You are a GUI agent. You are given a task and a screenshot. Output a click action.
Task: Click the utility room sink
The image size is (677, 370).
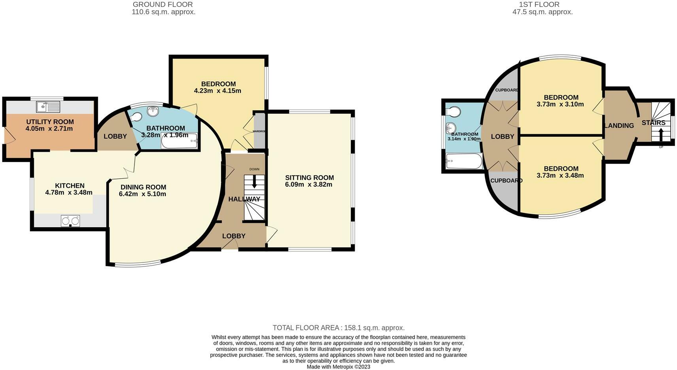tap(47, 106)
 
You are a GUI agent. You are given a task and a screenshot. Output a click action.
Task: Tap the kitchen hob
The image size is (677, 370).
tap(70, 221)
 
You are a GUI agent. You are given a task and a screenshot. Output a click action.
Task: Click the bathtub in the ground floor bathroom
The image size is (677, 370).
tap(179, 141)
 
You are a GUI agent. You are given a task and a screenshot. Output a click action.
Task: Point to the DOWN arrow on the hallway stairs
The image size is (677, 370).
tap(254, 181)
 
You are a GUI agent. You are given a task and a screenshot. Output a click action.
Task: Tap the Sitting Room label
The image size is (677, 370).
tap(309, 177)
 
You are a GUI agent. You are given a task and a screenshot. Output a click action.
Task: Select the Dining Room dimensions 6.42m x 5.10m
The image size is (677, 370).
tap(142, 194)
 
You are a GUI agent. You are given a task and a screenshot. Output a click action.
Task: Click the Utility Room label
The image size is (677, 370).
tap(50, 122)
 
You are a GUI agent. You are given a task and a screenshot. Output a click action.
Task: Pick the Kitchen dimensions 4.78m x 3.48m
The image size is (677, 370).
tap(69, 193)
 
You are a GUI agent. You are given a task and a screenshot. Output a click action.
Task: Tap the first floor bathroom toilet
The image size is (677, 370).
tap(453, 111)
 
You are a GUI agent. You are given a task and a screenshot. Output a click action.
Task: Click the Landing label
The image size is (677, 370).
tap(619, 126)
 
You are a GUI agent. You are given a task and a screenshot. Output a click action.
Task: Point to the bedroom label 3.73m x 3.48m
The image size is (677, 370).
tap(560, 176)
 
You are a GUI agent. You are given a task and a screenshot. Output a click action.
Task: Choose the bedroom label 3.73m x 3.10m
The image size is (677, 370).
tap(560, 104)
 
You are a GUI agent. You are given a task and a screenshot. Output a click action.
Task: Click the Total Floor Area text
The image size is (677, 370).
tap(338, 328)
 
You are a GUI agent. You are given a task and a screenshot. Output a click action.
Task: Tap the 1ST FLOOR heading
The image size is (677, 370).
tap(539, 5)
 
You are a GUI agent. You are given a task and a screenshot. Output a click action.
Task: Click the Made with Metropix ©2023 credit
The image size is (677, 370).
tap(338, 367)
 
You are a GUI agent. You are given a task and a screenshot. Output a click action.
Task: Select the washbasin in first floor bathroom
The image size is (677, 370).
tap(450, 128)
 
